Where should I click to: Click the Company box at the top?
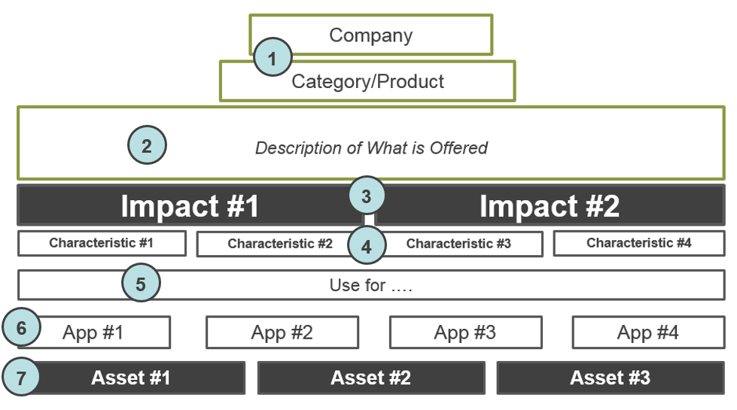click(x=371, y=35)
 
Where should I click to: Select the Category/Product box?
click(x=367, y=81)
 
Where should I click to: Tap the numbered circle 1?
click(x=273, y=57)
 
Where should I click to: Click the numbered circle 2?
click(x=147, y=145)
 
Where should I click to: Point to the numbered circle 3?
click(x=367, y=196)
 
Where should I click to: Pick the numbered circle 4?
click(x=367, y=245)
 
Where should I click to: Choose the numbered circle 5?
click(x=141, y=283)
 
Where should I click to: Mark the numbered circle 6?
click(x=21, y=327)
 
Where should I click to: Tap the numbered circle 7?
click(x=21, y=377)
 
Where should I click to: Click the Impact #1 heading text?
click(x=190, y=205)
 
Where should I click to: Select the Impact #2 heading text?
click(x=550, y=205)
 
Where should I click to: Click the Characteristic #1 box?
click(x=102, y=243)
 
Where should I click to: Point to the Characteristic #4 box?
click(x=639, y=243)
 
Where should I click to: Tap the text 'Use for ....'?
click(x=371, y=285)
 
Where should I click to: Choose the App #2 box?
click(x=282, y=333)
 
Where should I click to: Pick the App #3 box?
click(x=466, y=333)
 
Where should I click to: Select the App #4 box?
click(x=649, y=333)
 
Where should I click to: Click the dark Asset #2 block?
click(x=371, y=378)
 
